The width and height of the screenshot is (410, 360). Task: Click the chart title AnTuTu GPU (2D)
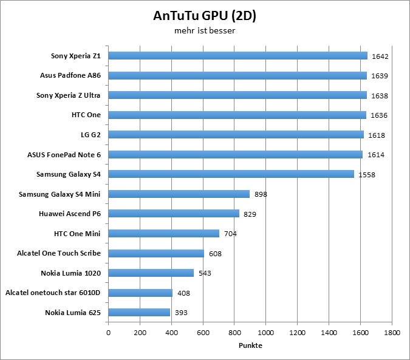(x=204, y=15)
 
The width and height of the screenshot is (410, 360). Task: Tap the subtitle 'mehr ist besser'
(x=204, y=30)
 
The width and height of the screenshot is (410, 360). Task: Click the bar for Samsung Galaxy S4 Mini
(x=179, y=194)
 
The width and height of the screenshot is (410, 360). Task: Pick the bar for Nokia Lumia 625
(x=139, y=313)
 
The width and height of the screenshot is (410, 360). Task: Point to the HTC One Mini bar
(x=164, y=234)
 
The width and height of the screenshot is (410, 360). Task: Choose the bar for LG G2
(x=236, y=135)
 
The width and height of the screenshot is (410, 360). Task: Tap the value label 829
(x=249, y=214)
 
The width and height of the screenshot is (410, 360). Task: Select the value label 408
(x=183, y=293)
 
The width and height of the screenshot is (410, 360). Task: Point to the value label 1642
(x=380, y=56)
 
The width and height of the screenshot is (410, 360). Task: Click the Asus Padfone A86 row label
(x=70, y=75)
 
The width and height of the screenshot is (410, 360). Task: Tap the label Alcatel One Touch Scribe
(x=59, y=253)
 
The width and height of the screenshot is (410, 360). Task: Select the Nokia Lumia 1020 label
(x=70, y=273)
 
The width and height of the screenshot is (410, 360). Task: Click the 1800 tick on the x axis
(x=392, y=333)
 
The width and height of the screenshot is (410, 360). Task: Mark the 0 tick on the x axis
(x=109, y=333)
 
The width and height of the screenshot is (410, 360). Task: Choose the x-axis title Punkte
(x=250, y=345)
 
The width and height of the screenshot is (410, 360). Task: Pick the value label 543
(x=204, y=273)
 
